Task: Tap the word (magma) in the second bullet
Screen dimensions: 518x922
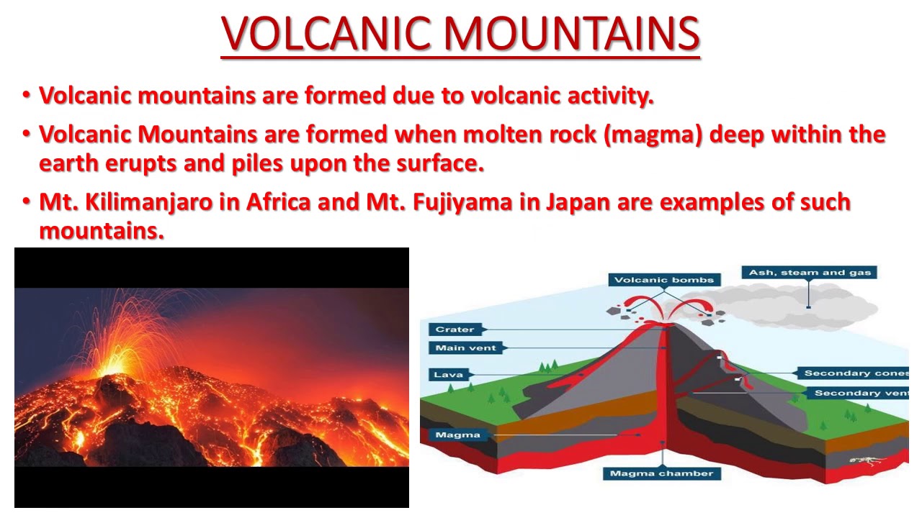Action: [653, 135]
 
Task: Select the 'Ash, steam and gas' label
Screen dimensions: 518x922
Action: [810, 273]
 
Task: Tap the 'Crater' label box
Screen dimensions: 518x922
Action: [455, 330]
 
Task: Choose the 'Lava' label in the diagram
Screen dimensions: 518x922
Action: [448, 374]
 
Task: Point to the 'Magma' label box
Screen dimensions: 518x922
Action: [457, 435]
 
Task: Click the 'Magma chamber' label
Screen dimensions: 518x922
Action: [661, 473]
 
